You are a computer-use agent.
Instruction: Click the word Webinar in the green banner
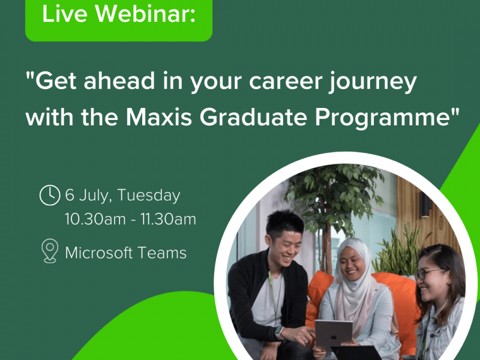pos(145,13)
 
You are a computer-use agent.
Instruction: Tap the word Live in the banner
pos(65,13)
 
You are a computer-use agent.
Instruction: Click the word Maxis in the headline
pos(159,117)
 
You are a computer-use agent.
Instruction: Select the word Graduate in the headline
pos(253,117)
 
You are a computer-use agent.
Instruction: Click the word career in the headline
pos(286,82)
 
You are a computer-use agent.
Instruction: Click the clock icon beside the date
pos(50,195)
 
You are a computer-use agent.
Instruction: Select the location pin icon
pos(50,251)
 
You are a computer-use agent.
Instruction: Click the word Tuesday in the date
pos(149,196)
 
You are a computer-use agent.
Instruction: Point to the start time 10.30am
pos(95,219)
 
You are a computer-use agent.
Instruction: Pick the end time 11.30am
pos(169,219)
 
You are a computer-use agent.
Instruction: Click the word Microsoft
pos(99,253)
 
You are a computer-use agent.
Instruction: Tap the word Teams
pos(162,253)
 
